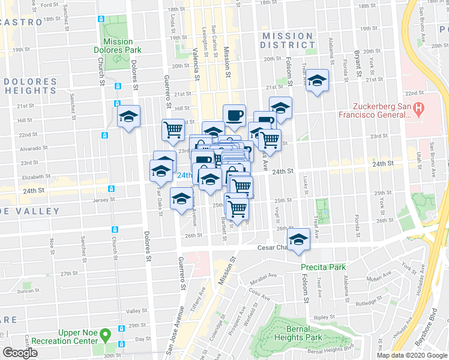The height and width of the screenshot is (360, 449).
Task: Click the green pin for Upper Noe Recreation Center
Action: coord(106,334)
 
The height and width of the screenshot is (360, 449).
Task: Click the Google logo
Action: coord(20,353)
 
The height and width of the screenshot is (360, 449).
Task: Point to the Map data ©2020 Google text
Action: coord(411,355)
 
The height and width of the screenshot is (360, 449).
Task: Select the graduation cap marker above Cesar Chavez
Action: coord(298,239)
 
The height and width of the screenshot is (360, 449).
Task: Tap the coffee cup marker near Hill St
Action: coord(234,113)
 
